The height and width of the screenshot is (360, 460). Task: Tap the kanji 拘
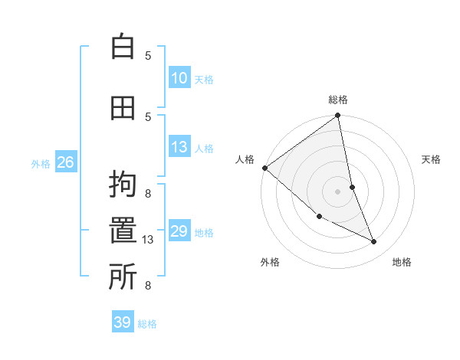tap(123, 186)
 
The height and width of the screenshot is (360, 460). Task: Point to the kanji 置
tap(123, 232)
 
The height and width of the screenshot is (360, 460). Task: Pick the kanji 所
tap(123, 278)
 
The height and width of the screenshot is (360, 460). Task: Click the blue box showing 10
tap(179, 77)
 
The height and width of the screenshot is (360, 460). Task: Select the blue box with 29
tap(179, 231)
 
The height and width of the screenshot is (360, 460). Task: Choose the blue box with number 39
tap(123, 322)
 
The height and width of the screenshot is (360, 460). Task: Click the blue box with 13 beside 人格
tap(179, 147)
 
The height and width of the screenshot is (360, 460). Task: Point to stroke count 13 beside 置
tap(149, 240)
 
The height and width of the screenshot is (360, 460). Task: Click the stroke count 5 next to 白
tap(148, 55)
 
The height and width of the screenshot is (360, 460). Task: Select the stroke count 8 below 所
tap(148, 286)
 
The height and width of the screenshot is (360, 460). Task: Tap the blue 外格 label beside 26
tap(41, 163)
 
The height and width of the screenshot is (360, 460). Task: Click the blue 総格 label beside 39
tap(147, 324)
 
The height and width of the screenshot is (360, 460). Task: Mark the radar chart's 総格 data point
tap(338, 116)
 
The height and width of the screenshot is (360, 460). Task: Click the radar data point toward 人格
tap(264, 168)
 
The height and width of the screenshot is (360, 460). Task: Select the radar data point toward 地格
tap(374, 242)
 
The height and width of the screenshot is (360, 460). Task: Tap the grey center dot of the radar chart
tap(338, 191)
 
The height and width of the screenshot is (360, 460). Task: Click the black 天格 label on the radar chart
tap(432, 159)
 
